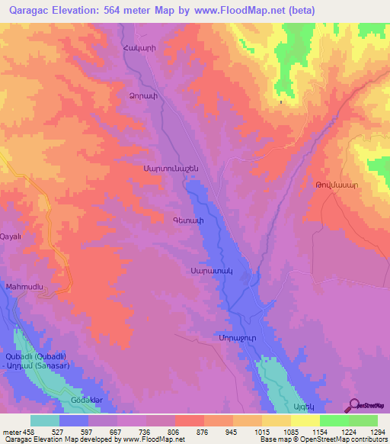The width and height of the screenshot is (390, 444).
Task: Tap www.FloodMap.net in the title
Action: click(239, 10)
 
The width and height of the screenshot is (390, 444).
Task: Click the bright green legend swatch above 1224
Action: click(334, 420)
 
